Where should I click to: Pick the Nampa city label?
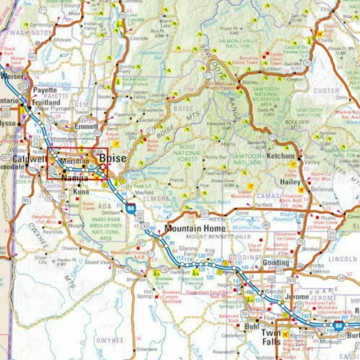pos(75,178)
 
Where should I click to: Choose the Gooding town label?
pos(276,263)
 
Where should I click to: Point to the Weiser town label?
pos(12,76)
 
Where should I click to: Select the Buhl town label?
pos(252,326)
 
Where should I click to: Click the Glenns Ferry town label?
pos(187,251)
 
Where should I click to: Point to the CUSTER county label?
pos(326,91)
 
